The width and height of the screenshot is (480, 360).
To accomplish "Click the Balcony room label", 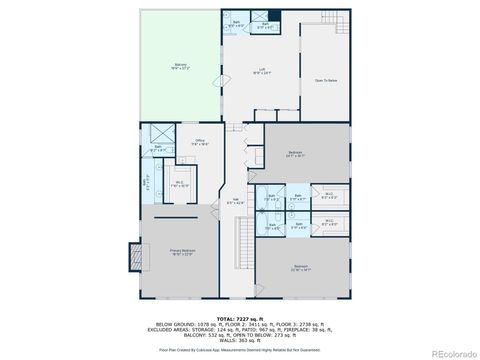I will click(179, 66).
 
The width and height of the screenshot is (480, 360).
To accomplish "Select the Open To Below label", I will click(327, 80).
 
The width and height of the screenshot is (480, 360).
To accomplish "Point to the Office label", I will click(201, 142).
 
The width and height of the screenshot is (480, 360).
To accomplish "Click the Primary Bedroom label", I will click(181, 251).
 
